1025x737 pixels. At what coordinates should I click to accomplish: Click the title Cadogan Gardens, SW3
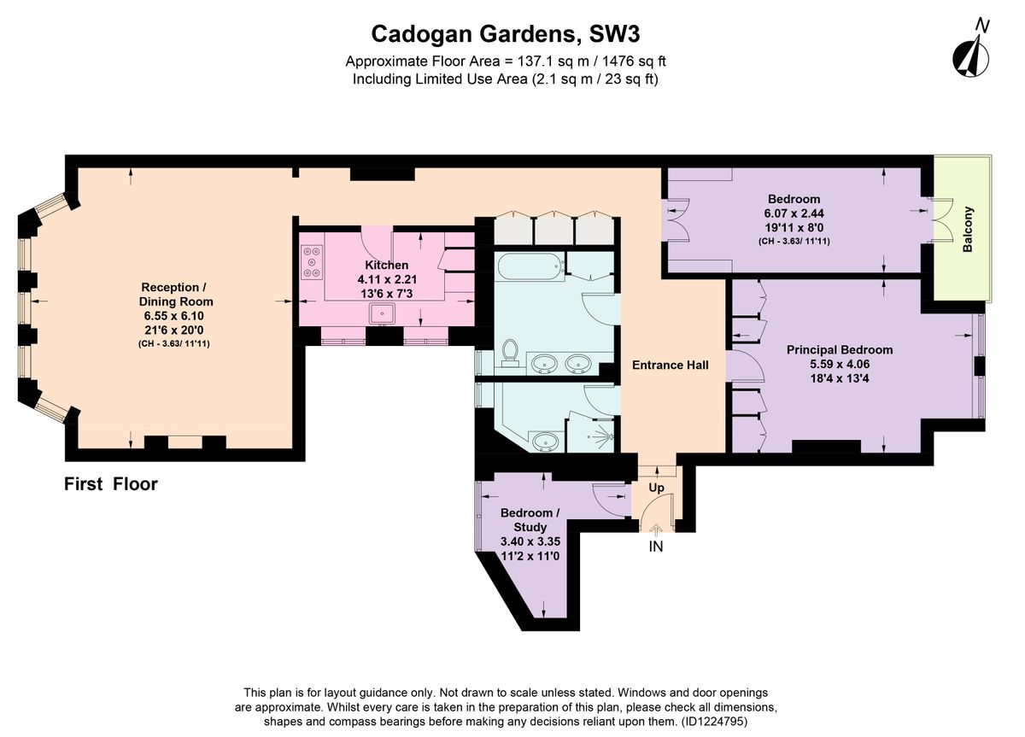point(505,33)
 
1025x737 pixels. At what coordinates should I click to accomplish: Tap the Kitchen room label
point(386,265)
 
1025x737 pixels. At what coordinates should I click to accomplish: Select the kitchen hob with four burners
point(311,262)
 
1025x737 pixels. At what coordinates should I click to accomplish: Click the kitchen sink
point(381,313)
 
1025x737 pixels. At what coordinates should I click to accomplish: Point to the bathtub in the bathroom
point(530,266)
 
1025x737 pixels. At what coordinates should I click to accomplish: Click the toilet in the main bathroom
point(512,353)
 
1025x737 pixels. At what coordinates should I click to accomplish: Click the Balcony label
point(968,230)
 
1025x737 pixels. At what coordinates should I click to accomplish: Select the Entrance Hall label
point(670,365)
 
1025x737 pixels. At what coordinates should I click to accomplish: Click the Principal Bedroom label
point(839,349)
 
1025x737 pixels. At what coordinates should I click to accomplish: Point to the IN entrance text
point(655,547)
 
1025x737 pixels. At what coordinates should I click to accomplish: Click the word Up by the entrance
point(656,488)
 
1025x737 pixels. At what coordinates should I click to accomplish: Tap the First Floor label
point(111,484)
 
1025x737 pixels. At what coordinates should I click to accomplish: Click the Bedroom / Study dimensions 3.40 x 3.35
point(530,541)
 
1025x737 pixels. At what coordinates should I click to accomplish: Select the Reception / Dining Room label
point(177,294)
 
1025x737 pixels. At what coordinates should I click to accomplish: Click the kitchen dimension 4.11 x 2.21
point(386,279)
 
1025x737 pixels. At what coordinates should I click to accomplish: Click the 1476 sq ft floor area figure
point(630,61)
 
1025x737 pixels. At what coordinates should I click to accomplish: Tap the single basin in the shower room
point(545,442)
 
